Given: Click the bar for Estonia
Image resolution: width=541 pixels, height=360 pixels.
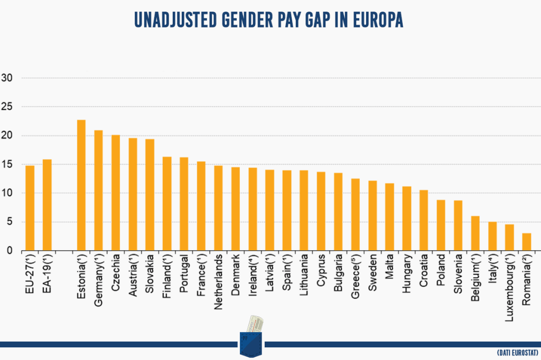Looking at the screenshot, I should click(x=81, y=185).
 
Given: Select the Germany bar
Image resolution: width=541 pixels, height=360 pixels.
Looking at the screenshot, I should click(x=98, y=191).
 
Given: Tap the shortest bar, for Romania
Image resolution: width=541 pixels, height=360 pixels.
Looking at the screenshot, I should click(x=526, y=242).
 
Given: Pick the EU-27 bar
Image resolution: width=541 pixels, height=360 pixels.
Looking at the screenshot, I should click(x=30, y=208).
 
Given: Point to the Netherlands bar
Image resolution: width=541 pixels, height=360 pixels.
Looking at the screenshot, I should click(x=218, y=208).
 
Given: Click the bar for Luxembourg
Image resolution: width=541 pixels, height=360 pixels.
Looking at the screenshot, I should click(x=509, y=238).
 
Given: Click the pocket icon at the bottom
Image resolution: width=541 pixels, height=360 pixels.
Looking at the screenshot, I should click(x=251, y=335).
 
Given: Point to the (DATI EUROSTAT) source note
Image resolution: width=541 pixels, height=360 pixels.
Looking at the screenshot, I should click(x=517, y=352).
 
